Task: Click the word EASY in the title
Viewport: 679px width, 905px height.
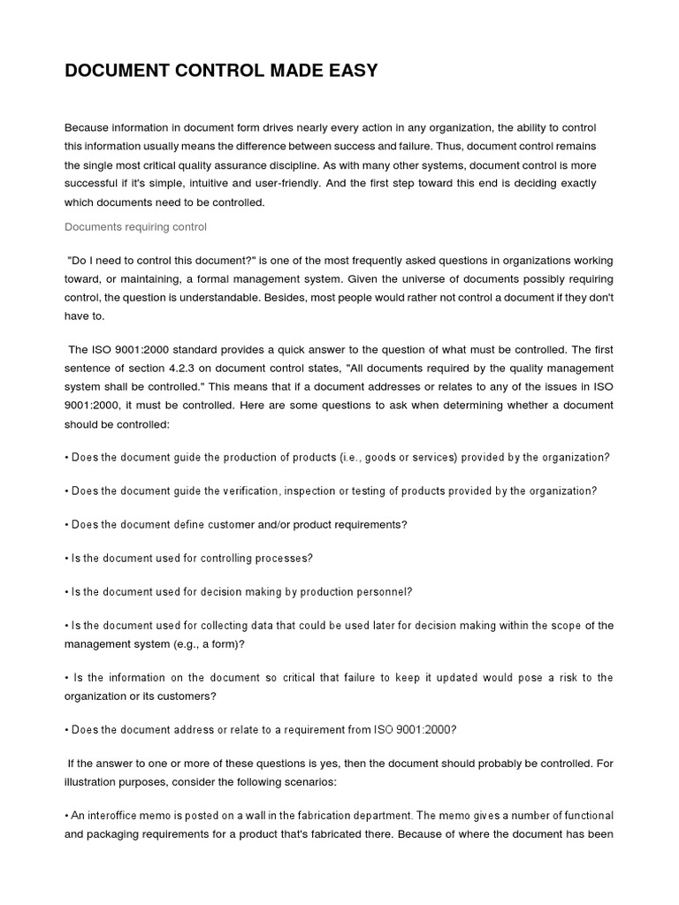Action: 349,72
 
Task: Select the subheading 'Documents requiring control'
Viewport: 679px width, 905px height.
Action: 135,227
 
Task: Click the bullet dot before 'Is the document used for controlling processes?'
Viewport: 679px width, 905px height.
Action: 67,558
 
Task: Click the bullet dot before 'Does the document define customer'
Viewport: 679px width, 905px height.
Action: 67,524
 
